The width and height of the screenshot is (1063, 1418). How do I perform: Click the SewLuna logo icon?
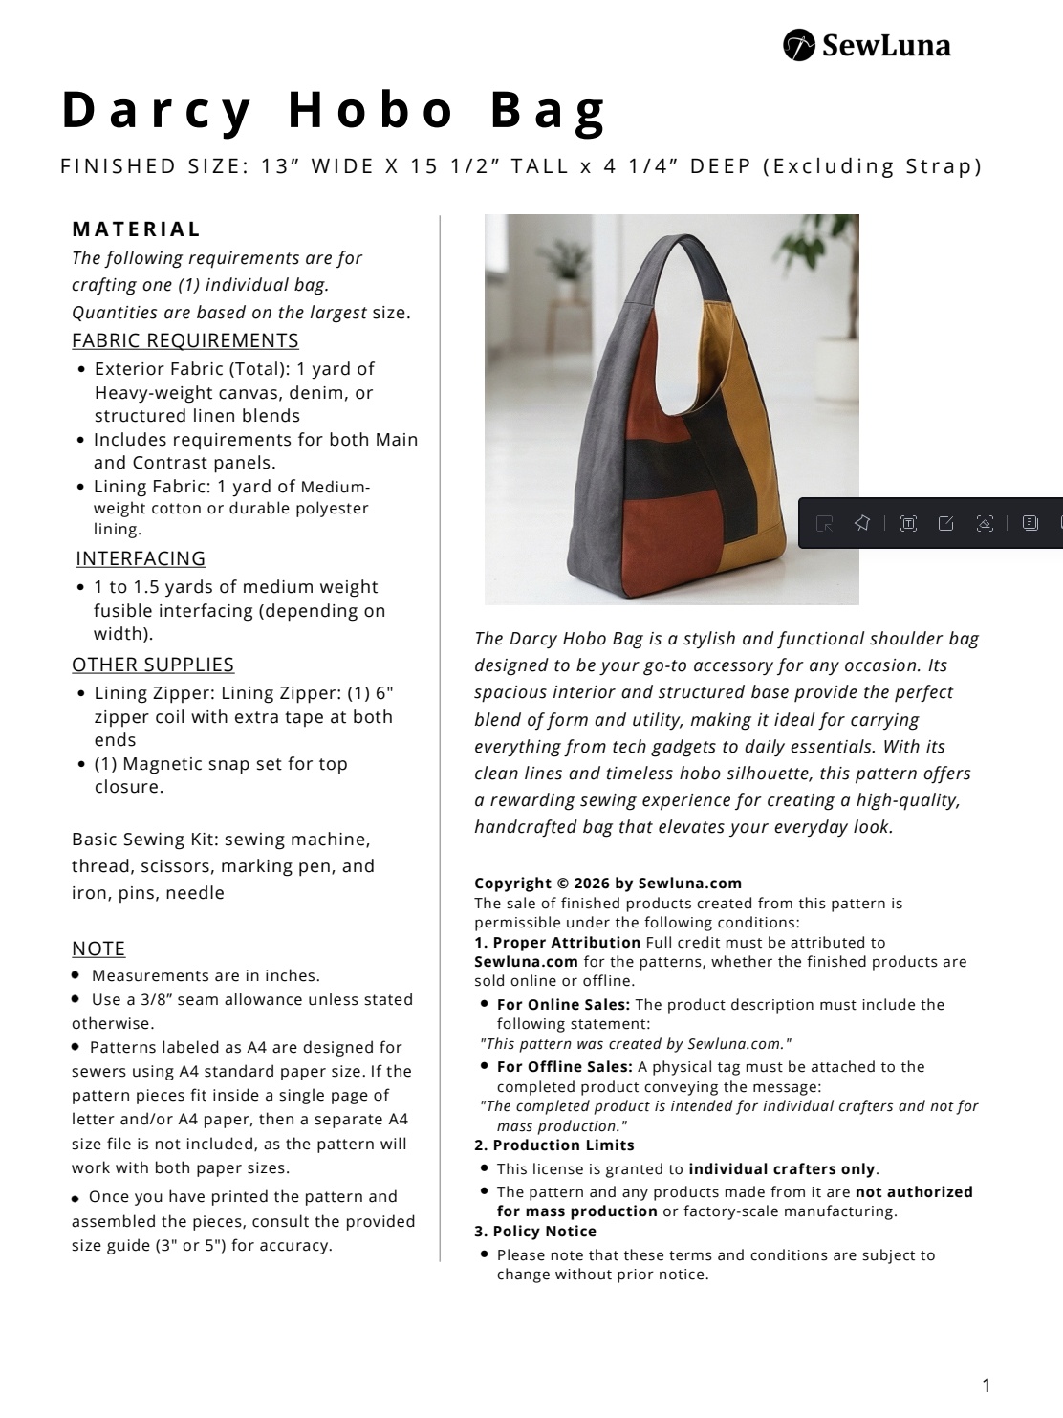pyautogui.click(x=799, y=45)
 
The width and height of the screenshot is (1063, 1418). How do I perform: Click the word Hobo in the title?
pyautogui.click(x=371, y=110)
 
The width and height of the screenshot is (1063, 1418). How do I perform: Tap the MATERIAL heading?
pyautogui.click(x=137, y=229)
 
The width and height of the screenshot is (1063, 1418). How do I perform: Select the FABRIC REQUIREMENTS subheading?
pyautogui.click(x=185, y=340)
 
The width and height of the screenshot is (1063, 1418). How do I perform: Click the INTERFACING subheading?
pyautogui.click(x=141, y=558)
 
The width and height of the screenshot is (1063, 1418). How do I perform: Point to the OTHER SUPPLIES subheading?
pyautogui.click(x=153, y=665)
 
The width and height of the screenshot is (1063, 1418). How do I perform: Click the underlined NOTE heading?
pyautogui.click(x=98, y=949)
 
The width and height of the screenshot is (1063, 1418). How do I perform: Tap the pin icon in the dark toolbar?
pyautogui.click(x=862, y=523)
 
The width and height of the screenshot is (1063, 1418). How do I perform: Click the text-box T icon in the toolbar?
pyautogui.click(x=908, y=523)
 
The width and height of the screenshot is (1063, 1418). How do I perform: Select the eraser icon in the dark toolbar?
pyautogui.click(x=985, y=523)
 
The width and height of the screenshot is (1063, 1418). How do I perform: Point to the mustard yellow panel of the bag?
pyautogui.click(x=736, y=382)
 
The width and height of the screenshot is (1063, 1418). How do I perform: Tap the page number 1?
pyautogui.click(x=987, y=1385)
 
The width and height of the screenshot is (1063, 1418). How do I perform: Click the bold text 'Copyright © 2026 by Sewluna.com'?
pyautogui.click(x=608, y=884)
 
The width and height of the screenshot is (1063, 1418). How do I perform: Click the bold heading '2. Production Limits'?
pyautogui.click(x=554, y=1145)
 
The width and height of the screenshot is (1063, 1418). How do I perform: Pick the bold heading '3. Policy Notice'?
pyautogui.click(x=535, y=1232)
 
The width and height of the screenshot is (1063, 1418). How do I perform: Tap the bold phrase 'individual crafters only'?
pyautogui.click(x=782, y=1169)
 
